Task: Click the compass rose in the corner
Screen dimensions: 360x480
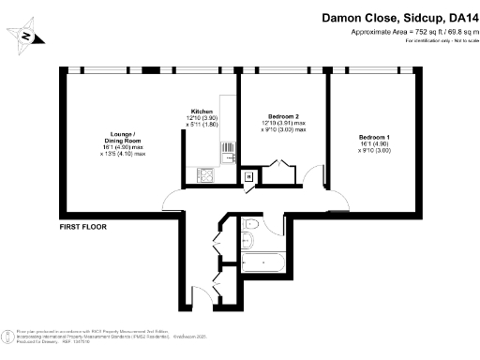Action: (27, 37)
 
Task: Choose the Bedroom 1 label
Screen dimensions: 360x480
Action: (373, 138)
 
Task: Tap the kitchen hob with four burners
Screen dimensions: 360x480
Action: (204, 174)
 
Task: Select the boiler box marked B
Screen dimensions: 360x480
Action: (248, 176)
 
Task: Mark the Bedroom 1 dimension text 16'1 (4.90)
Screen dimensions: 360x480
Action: (373, 145)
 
